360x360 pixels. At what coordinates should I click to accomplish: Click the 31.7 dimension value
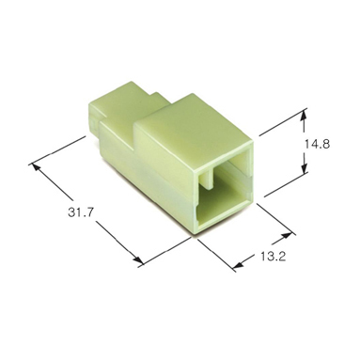[x=81, y=212]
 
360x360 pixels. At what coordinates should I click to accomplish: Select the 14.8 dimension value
[x=317, y=145]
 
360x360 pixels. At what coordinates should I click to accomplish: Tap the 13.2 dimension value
[x=273, y=257]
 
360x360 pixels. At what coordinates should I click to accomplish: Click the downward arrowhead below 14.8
[x=304, y=166]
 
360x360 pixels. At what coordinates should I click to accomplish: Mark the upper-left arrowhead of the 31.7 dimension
[x=36, y=167]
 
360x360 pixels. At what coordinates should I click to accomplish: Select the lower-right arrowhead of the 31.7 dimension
[x=137, y=259]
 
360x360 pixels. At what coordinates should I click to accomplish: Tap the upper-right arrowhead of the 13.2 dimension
[x=287, y=236]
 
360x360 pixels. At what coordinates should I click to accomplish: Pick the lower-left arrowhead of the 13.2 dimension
[x=239, y=265]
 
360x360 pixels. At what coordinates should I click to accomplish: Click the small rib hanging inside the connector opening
[x=206, y=179]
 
